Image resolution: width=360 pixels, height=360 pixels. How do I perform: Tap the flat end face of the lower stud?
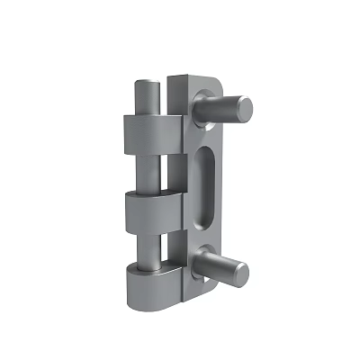tap(239, 271)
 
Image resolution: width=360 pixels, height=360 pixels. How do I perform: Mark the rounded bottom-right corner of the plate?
tap(211, 288)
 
